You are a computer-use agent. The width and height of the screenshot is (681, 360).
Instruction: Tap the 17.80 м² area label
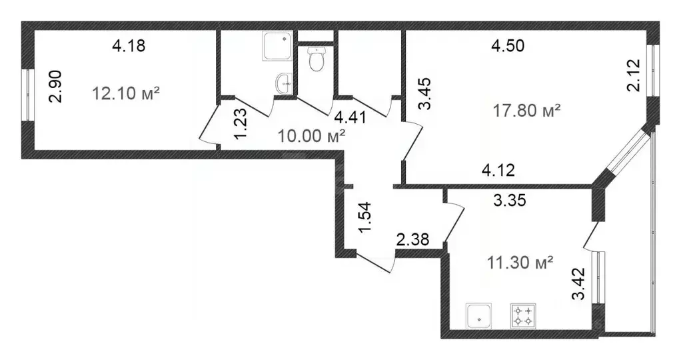click(x=526, y=110)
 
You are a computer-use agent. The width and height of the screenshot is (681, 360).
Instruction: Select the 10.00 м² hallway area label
click(x=312, y=137)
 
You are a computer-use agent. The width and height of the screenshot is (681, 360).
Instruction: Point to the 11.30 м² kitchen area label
click(x=520, y=263)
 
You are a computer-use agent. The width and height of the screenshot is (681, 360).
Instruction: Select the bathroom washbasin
click(x=283, y=84)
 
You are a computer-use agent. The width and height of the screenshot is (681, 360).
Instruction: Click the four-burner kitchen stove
click(x=522, y=315)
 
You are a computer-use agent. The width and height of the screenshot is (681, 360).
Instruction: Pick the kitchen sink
click(x=479, y=316)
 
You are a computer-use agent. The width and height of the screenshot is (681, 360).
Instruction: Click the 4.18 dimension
click(x=129, y=46)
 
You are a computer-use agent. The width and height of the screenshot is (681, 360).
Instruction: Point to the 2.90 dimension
click(x=56, y=86)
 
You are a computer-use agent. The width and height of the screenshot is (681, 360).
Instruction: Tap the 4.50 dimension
click(x=508, y=46)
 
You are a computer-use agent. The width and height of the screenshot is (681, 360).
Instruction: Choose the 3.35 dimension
click(x=510, y=201)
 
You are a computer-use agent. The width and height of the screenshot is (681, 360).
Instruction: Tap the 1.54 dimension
click(x=365, y=218)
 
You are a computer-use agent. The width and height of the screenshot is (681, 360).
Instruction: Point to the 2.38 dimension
click(x=412, y=239)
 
